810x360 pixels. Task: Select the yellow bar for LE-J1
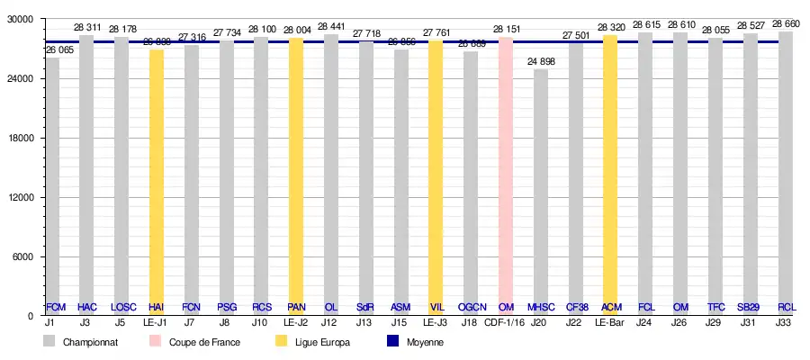click(x=157, y=180)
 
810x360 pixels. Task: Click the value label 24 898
click(x=540, y=61)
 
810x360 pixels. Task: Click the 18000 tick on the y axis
click(x=19, y=138)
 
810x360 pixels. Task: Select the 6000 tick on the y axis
click(x=22, y=256)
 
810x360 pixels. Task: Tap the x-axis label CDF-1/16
click(x=504, y=322)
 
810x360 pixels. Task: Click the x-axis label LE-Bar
click(x=610, y=322)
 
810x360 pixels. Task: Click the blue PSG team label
click(x=227, y=308)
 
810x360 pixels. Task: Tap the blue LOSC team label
click(x=123, y=308)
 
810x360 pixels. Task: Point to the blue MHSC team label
click(x=541, y=308)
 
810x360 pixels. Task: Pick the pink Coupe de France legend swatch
click(x=156, y=342)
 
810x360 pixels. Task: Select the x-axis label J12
click(x=330, y=322)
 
